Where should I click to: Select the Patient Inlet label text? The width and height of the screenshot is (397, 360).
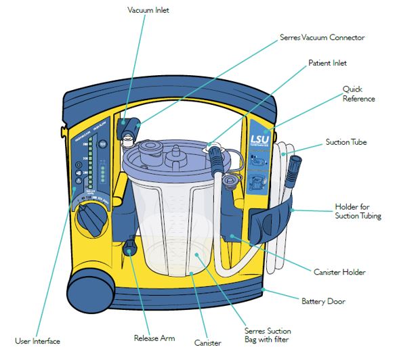pyautogui.click(x=327, y=63)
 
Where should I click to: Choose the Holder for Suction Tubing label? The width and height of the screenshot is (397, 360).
pyautogui.click(x=358, y=211)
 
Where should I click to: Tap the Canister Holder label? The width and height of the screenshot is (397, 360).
pyautogui.click(x=339, y=272)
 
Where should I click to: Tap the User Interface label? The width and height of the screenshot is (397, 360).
pyautogui.click(x=38, y=340)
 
